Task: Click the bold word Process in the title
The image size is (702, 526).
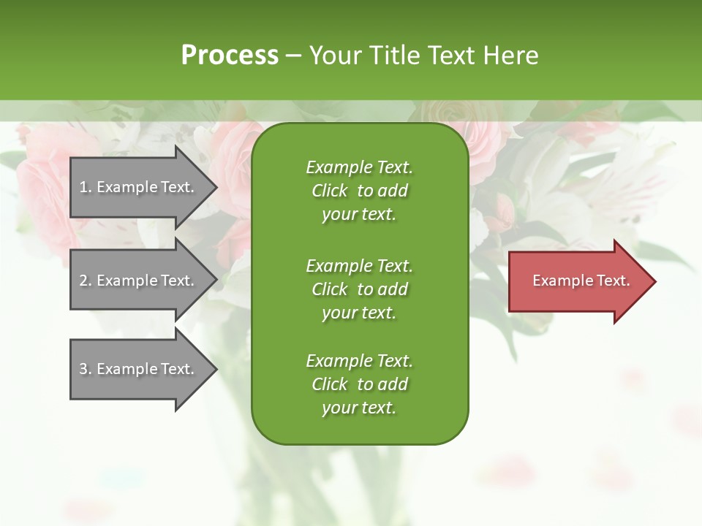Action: point(230,56)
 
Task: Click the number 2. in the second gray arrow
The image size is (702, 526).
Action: point(85,281)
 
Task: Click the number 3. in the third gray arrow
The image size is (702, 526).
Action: point(85,369)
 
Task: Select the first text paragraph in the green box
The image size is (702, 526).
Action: point(359,191)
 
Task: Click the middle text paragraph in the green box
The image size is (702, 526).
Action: point(359,289)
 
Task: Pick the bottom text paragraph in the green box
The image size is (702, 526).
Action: point(359,384)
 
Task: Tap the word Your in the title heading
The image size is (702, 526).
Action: point(335,56)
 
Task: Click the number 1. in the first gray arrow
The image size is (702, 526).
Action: point(85,187)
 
